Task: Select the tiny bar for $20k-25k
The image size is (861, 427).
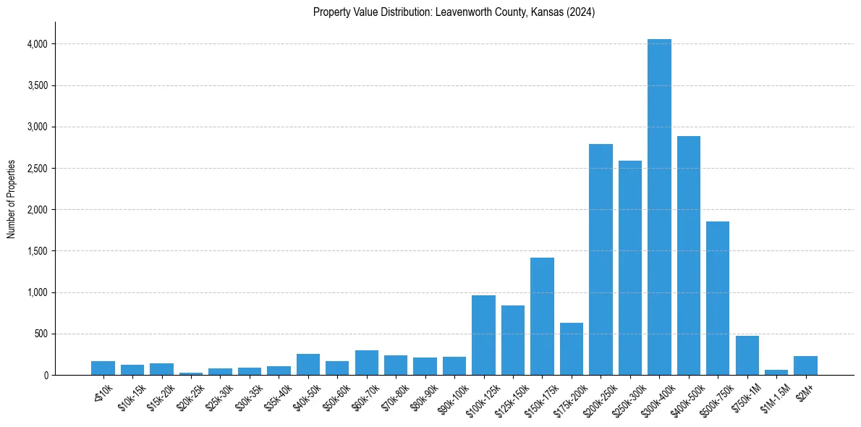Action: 191,373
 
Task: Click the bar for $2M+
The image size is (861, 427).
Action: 805,365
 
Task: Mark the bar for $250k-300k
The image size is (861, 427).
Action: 629,268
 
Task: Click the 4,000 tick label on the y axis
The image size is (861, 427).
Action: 37,44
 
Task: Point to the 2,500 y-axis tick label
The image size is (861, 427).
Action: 37,169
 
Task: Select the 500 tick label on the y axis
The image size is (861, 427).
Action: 40,334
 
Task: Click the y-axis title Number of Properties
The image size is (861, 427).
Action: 12,199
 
